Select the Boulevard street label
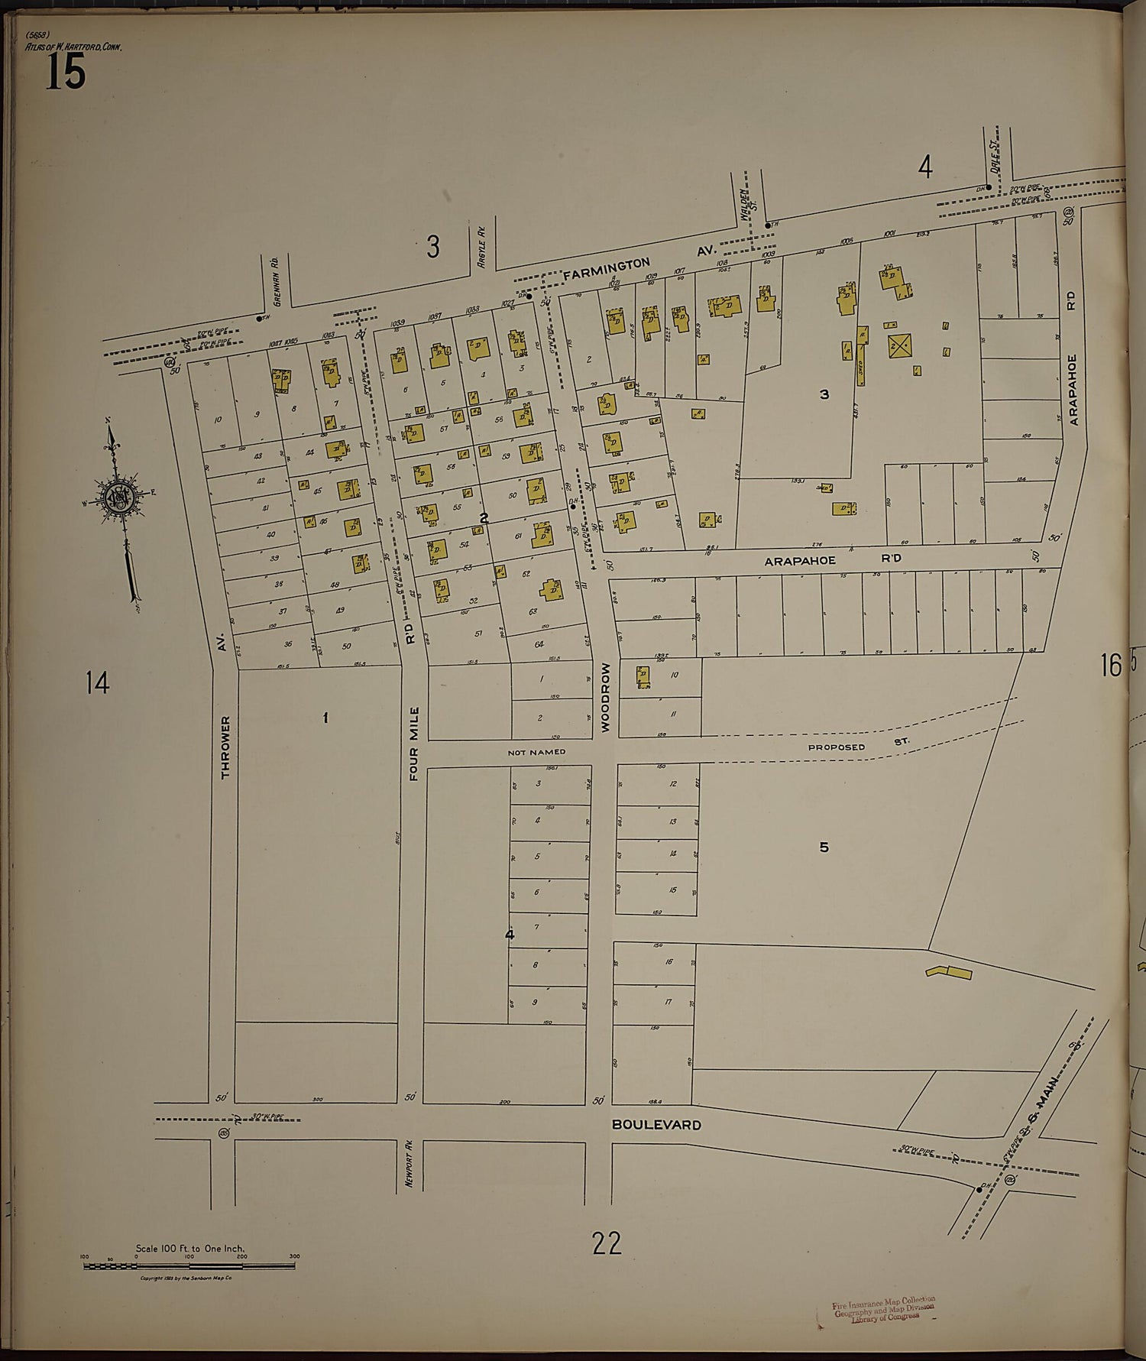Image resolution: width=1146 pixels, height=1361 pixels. coord(656,1125)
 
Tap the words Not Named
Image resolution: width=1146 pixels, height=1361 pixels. coord(536,753)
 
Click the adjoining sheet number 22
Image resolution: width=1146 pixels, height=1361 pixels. coord(606,1243)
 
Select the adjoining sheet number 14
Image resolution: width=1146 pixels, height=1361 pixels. coord(97,682)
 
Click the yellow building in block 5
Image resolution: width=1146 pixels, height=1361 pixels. coord(948,972)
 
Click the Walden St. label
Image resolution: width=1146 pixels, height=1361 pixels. coord(747,207)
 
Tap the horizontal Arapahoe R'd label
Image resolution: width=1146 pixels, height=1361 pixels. coord(833,559)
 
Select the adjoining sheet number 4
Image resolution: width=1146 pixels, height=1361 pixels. coord(925,167)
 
